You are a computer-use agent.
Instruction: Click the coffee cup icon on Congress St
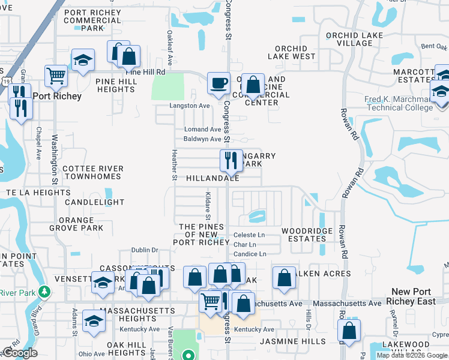click(x=218, y=82)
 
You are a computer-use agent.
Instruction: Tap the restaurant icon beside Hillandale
click(x=229, y=160)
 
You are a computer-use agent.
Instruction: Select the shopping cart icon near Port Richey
click(x=56, y=76)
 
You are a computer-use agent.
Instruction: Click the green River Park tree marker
click(x=43, y=292)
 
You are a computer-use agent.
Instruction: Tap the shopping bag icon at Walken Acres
click(x=284, y=277)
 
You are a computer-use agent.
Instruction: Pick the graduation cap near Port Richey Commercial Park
click(x=83, y=59)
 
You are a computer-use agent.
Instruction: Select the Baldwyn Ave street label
click(x=202, y=139)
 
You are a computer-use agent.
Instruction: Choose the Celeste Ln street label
click(x=249, y=235)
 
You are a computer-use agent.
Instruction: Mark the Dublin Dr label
click(x=145, y=250)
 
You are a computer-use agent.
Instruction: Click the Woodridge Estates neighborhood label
click(x=304, y=235)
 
